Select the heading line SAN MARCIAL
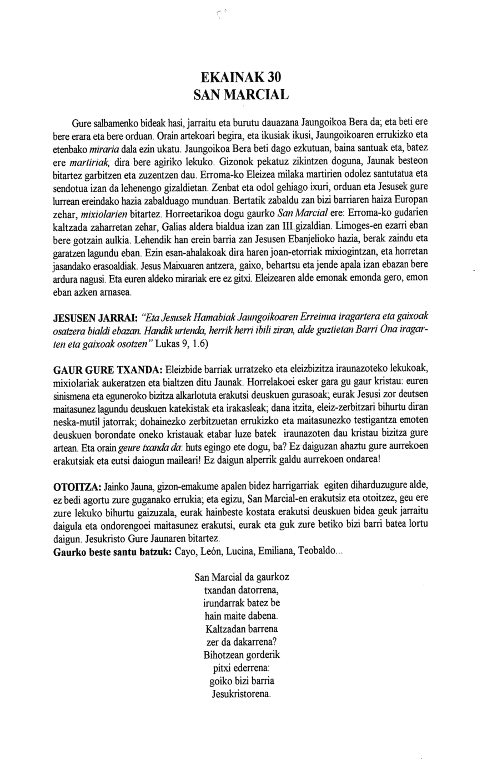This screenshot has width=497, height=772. [x=241, y=95]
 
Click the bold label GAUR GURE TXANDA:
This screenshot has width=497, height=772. [x=107, y=370]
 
